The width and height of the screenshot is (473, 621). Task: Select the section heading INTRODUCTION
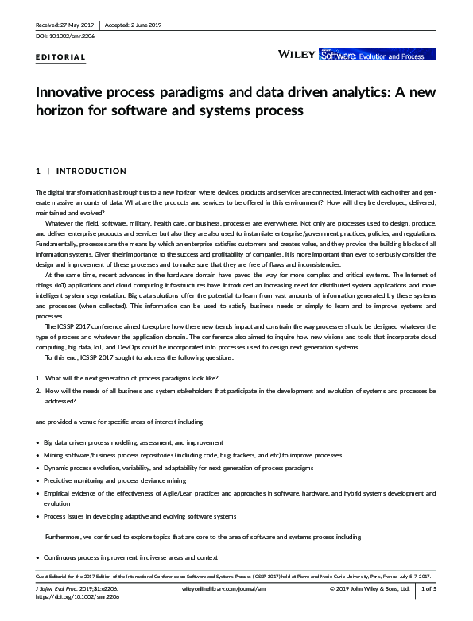pos(91,171)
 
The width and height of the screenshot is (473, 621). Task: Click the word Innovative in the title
pos(74,91)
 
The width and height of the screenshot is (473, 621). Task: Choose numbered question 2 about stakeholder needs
pos(238,390)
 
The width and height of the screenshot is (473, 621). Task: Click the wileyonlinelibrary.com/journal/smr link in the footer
pos(222,588)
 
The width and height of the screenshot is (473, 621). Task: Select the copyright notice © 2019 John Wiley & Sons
pos(369,588)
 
